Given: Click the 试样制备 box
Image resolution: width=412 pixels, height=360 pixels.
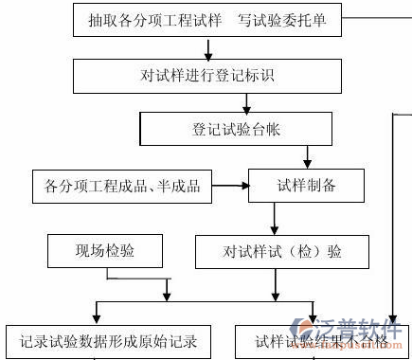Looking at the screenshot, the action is pyautogui.click(x=305, y=186).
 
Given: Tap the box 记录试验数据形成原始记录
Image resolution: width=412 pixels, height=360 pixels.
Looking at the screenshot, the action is pyautogui.click(x=107, y=339).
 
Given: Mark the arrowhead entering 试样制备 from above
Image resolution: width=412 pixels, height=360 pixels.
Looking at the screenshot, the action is pyautogui.click(x=305, y=162).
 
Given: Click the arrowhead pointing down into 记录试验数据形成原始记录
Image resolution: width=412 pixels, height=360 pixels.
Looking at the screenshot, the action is pyautogui.click(x=96, y=315).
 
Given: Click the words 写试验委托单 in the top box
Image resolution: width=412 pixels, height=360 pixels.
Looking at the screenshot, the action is pyautogui.click(x=291, y=20).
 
